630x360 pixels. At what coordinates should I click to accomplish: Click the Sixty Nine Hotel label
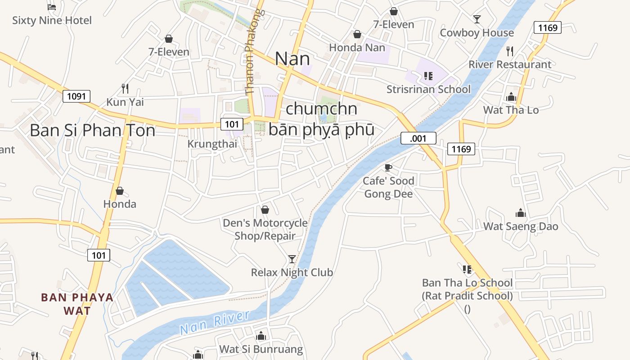(52, 20)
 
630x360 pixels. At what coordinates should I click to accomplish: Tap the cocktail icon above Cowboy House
(477, 19)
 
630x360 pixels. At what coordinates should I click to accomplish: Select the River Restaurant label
(510, 64)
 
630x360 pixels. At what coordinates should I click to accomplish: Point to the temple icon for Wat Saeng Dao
(521, 213)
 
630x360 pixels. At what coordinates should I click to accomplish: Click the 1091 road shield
(76, 96)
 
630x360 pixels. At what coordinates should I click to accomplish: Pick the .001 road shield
(418, 138)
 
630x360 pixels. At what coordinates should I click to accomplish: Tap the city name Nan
(292, 59)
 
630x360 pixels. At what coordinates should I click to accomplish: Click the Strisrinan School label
(428, 89)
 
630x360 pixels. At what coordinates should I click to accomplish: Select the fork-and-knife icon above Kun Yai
(125, 88)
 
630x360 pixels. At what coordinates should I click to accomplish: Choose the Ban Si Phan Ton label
(92, 130)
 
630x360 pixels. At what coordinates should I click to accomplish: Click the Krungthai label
(212, 144)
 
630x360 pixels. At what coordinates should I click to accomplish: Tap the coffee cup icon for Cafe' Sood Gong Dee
(388, 168)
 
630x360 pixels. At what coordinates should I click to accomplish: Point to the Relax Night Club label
(292, 272)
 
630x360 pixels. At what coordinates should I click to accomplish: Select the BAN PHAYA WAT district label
(77, 304)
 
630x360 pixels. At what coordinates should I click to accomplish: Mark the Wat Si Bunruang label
(261, 349)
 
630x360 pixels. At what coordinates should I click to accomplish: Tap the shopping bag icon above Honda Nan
(357, 34)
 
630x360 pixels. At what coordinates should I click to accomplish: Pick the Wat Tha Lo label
(511, 110)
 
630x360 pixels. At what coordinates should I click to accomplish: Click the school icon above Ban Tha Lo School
(467, 270)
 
